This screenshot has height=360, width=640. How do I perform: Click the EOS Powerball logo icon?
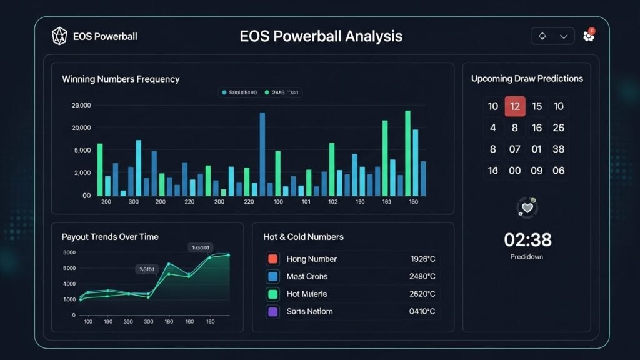[x=59, y=36]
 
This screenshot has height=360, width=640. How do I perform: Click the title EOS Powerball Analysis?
[x=321, y=36]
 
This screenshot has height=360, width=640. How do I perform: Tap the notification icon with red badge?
[x=588, y=36]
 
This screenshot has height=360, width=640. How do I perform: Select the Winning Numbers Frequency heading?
[x=121, y=79]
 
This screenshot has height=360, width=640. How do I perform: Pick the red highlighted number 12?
[x=515, y=106]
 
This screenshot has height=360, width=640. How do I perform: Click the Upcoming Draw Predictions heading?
[x=527, y=79]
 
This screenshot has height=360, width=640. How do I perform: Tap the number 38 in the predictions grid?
[x=559, y=149]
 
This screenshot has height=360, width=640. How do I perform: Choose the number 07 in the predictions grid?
[x=515, y=149]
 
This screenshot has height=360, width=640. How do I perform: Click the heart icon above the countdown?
[x=527, y=207]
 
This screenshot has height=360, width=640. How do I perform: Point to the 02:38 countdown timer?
[x=527, y=239]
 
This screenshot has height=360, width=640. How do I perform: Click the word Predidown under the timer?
[x=527, y=257]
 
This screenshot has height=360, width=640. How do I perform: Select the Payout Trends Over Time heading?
[x=110, y=237]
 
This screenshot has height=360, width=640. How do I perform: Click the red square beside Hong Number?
[x=272, y=259]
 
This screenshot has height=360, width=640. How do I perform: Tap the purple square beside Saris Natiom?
[x=272, y=312]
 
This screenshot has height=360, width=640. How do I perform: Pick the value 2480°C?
[x=423, y=277]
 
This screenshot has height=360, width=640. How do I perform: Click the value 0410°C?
[x=423, y=312]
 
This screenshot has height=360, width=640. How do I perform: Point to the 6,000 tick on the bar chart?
[x=82, y=151]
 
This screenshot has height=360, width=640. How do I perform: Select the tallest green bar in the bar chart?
[x=407, y=153]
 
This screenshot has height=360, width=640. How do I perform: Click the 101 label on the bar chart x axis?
[x=306, y=202]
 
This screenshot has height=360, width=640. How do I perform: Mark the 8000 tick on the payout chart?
[x=69, y=252]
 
